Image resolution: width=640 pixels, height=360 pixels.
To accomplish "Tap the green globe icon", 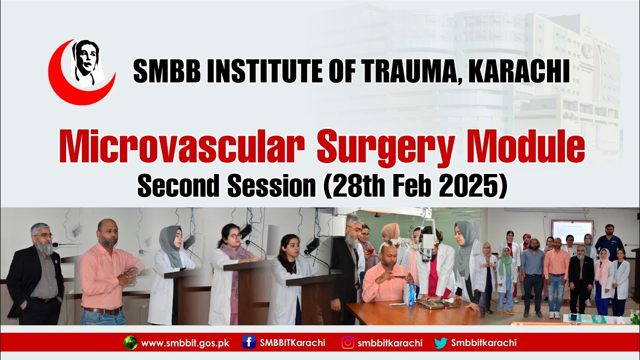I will (x=130, y=342).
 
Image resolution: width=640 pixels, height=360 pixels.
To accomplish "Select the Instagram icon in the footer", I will (x=348, y=342).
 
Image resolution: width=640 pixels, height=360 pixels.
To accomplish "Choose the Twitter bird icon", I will (x=440, y=342).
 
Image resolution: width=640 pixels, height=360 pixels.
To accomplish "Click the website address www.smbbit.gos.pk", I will (x=185, y=343).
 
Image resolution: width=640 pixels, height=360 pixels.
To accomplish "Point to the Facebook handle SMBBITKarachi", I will (x=292, y=343).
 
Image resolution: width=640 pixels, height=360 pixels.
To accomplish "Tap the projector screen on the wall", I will (x=572, y=231).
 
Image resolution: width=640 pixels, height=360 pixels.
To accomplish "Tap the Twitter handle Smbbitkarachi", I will (x=483, y=343).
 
